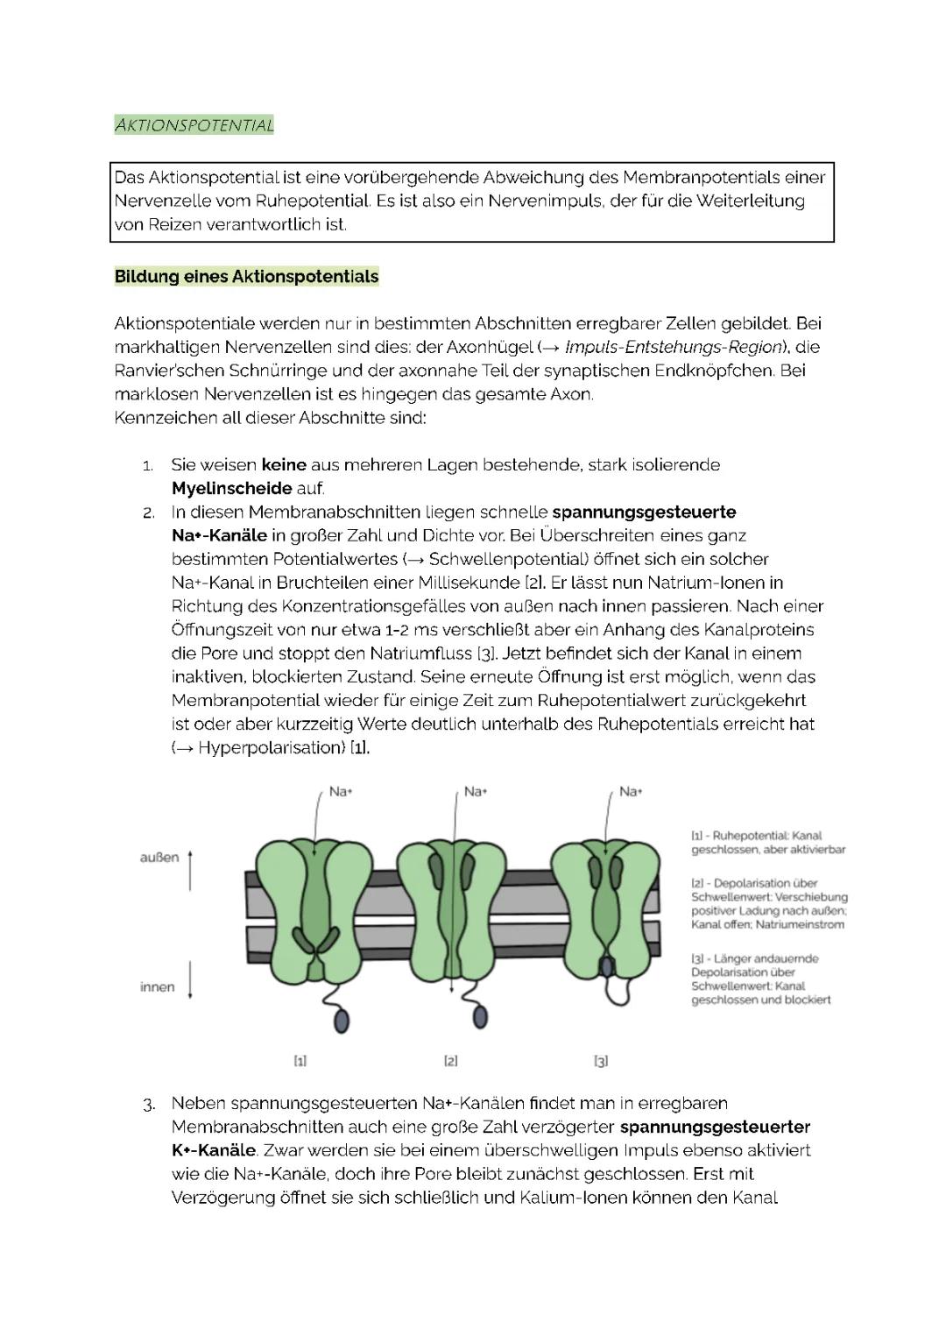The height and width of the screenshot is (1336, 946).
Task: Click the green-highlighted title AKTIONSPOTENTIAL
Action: tap(194, 125)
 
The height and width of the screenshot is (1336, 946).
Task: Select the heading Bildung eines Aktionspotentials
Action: tap(246, 277)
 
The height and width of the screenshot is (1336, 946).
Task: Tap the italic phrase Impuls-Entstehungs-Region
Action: tap(673, 347)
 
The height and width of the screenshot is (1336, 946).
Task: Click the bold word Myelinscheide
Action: tap(231, 489)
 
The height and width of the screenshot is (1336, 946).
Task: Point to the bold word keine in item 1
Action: tap(284, 465)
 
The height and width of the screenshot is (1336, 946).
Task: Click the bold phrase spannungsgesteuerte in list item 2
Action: tap(644, 512)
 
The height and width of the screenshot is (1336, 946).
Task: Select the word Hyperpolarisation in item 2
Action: tap(272, 748)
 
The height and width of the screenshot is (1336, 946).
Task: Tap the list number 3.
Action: tap(149, 1104)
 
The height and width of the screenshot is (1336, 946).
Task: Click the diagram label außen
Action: tap(159, 858)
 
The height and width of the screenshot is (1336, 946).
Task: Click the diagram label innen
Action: tap(157, 987)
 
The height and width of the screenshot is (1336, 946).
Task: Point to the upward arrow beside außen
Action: tap(191, 868)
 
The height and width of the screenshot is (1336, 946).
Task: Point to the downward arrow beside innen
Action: tap(191, 979)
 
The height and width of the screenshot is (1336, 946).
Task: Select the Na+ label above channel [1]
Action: tap(341, 792)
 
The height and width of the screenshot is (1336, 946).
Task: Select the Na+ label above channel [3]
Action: tap(631, 792)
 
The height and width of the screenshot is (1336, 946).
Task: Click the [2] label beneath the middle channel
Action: tap(450, 1061)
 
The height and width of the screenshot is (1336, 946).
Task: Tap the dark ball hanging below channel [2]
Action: tap(480, 1016)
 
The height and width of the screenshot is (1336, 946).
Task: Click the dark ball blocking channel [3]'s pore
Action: tap(606, 966)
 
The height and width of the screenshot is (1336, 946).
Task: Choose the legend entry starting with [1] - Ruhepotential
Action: tap(767, 843)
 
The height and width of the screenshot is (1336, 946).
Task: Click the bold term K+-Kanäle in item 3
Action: tap(214, 1150)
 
